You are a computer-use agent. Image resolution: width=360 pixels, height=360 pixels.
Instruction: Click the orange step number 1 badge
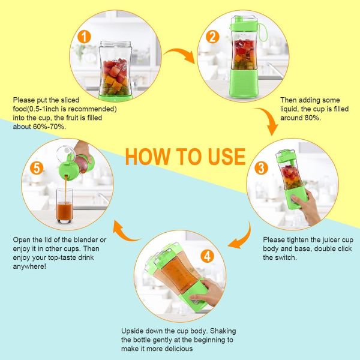[84, 37]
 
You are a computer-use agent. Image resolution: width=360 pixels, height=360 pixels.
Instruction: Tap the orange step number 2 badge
[212, 37]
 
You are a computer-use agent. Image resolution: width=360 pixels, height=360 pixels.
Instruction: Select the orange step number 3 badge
[261, 168]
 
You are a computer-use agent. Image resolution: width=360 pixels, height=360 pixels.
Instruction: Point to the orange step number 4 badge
[208, 256]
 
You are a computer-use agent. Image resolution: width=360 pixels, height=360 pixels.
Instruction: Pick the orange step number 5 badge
[37, 168]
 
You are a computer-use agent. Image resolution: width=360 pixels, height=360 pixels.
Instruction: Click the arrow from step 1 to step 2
[180, 52]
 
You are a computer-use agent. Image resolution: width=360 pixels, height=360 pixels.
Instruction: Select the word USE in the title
[227, 157]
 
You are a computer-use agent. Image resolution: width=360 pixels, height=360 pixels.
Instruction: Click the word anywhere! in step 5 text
[29, 266]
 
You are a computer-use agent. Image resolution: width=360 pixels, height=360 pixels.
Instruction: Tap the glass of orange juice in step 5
[65, 206]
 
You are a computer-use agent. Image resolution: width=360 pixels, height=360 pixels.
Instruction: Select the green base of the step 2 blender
[244, 83]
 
